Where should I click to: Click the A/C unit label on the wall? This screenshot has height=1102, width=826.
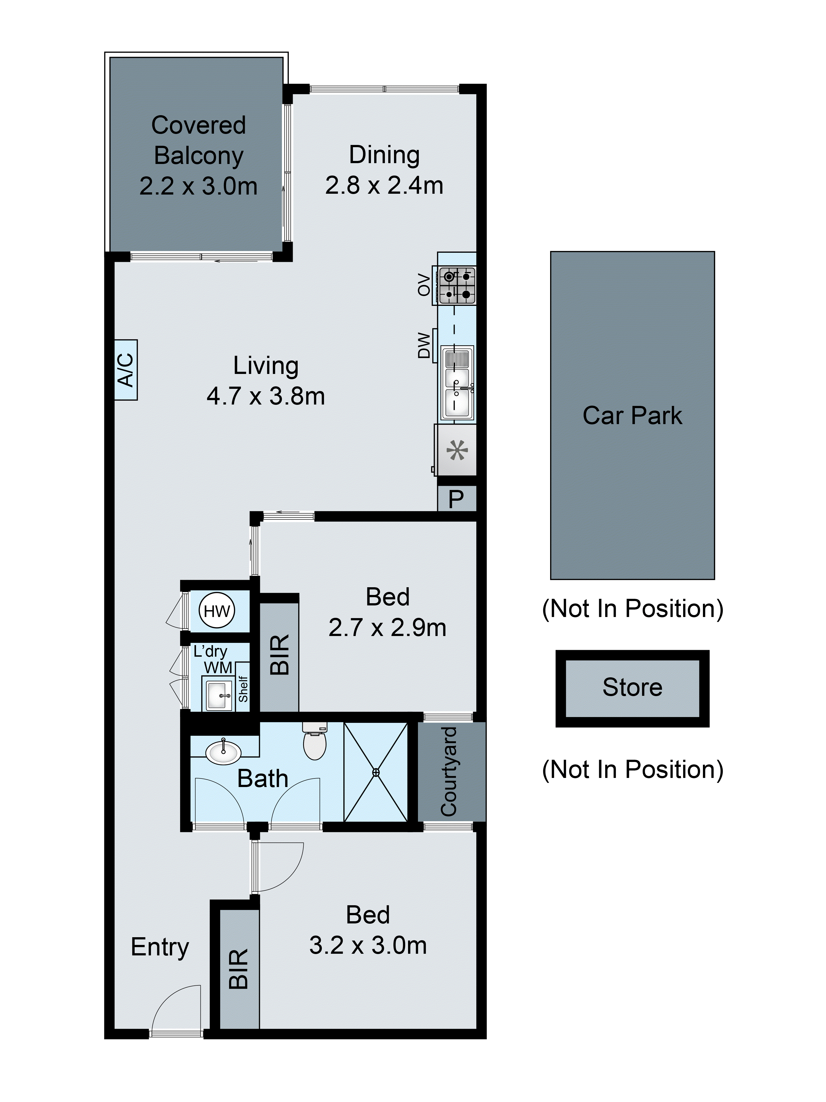click(x=126, y=370)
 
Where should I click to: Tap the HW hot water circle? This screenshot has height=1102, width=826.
click(x=217, y=611)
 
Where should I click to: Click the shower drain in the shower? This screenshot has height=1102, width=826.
click(x=376, y=772)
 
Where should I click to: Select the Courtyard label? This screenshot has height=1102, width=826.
click(x=449, y=772)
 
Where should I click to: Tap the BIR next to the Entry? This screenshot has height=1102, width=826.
click(x=238, y=969)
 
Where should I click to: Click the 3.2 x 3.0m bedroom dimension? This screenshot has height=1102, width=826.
click(x=368, y=945)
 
